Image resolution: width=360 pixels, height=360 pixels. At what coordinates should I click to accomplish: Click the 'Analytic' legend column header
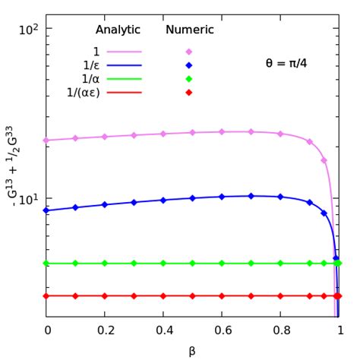click(x=118, y=30)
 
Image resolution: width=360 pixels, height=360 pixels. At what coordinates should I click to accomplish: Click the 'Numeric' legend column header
click(x=189, y=30)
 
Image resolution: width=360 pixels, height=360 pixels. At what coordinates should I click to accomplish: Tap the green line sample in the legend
click(x=125, y=79)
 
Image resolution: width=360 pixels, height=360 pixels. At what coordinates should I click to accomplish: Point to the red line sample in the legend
click(x=125, y=93)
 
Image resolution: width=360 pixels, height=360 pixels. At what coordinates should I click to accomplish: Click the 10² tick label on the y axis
click(x=29, y=29)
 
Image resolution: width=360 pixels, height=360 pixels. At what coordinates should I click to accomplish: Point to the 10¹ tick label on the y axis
click(x=29, y=199)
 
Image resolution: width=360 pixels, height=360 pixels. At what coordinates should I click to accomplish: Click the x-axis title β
click(x=192, y=350)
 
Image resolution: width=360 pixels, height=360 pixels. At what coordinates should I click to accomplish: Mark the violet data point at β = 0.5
click(x=193, y=132)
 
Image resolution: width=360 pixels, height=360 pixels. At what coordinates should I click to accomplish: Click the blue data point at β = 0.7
click(x=251, y=196)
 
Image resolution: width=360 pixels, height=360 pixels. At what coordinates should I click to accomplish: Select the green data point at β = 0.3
click(x=134, y=264)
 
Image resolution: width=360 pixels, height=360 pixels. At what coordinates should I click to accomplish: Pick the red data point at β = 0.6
click(x=222, y=295)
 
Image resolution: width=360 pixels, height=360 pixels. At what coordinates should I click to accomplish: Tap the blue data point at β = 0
click(x=46, y=210)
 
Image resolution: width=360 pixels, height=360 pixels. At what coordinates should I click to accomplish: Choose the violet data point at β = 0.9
click(x=310, y=141)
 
